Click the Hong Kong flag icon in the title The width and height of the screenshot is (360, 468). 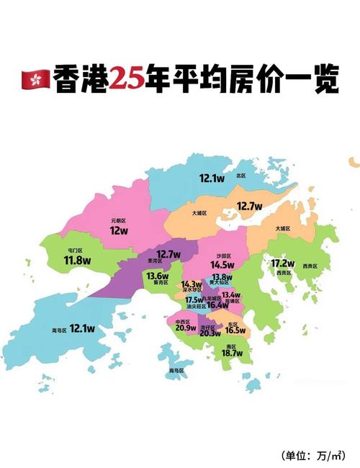pos(37,81)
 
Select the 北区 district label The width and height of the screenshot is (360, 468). pos(240,176)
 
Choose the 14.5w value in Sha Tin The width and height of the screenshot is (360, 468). pos(222,265)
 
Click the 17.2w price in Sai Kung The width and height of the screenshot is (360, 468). pos(282,263)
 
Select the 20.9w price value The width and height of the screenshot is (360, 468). pos(185,328)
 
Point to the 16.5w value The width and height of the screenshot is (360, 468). pos(235,331)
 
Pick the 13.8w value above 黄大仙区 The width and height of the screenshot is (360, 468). pos(222,277)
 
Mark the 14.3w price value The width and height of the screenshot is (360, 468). pos(192,285)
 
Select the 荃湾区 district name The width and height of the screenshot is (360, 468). pos(155,261)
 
